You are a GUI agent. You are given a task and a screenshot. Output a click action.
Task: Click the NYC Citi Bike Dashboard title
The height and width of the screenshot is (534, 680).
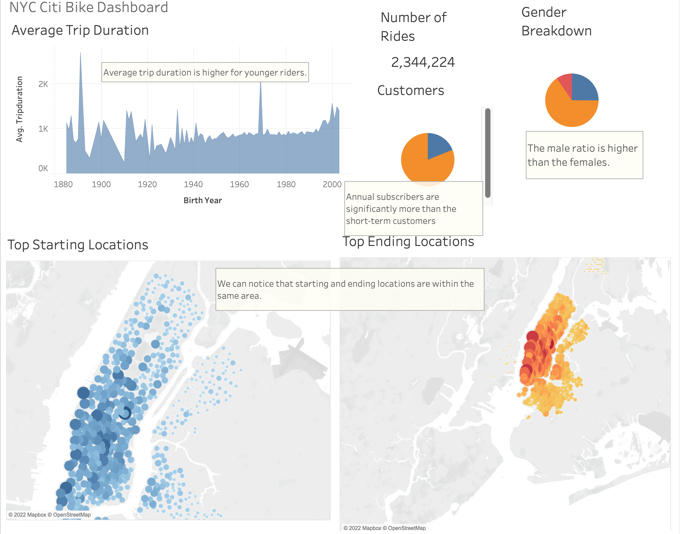coord(88,7)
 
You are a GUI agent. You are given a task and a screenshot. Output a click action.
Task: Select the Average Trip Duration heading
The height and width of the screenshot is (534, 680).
coord(80,30)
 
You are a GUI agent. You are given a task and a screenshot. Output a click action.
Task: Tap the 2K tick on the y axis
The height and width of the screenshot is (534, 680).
coord(43,84)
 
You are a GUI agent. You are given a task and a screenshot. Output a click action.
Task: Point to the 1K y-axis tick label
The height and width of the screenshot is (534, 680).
coord(43,129)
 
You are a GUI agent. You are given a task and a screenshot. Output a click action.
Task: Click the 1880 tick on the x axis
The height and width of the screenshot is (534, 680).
coord(63,184)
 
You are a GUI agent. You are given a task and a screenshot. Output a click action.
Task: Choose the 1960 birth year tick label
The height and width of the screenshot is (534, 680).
coord(239,184)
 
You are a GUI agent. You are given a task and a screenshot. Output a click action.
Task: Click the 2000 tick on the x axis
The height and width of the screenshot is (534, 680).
coord(332,184)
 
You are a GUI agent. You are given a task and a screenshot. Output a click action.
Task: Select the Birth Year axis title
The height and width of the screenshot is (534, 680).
coord(203,201)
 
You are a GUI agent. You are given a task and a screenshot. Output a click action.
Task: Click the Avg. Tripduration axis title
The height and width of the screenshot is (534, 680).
coord(20,109)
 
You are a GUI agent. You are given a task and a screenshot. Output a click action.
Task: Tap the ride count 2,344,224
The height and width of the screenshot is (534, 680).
coord(423,62)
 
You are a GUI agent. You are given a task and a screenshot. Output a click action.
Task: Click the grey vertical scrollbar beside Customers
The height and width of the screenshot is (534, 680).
coord(488,153)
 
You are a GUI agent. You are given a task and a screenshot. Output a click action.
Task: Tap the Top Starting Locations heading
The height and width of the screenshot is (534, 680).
coord(78,245)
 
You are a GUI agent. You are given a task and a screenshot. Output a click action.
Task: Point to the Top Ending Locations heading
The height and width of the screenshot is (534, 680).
coord(408,242)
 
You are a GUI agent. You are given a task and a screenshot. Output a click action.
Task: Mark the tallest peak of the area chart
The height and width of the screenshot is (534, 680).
coord(80,53)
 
